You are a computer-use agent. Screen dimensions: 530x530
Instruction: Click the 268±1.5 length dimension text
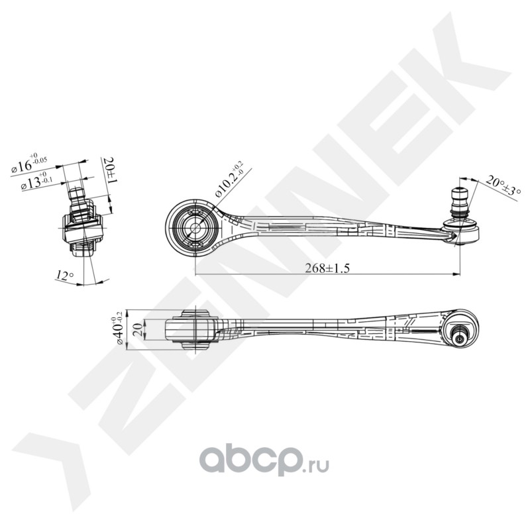coord(327,268)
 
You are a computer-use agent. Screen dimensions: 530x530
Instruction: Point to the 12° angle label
coord(65,274)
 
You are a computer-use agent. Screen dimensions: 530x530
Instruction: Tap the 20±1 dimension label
coord(110,171)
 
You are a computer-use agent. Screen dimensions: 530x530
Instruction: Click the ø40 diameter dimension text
coord(120,329)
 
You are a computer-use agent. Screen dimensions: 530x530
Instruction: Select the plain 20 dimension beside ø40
coord(136,329)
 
